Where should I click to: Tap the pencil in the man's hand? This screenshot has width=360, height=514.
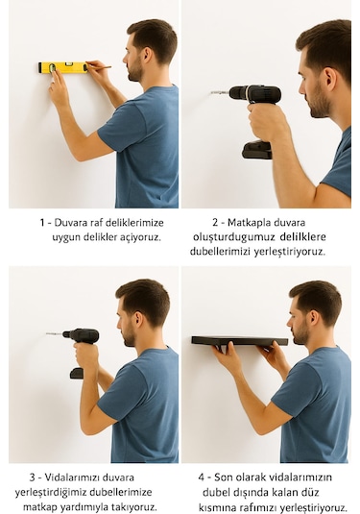coord(100,67)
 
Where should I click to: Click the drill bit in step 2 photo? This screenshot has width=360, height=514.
coord(219,93)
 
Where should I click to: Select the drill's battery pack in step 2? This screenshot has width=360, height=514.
coord(257,150)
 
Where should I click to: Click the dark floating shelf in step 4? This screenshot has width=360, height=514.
coord(239,340)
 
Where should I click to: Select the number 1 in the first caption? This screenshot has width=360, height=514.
coord(43,222)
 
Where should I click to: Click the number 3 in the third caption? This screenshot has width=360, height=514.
coord(32,477)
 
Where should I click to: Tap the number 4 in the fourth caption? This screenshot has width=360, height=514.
coord(203,477)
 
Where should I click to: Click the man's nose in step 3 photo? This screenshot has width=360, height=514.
coord(120,327)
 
